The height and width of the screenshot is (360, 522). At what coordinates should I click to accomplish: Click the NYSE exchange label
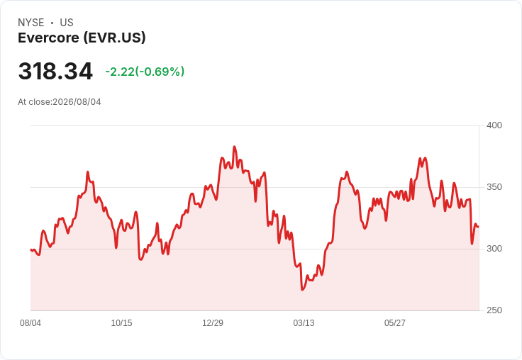click(x=31, y=23)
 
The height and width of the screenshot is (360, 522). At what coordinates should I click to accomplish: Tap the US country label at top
click(x=67, y=23)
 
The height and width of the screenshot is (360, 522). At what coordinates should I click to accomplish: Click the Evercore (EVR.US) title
click(x=82, y=38)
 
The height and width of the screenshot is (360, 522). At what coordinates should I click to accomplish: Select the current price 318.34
click(x=55, y=71)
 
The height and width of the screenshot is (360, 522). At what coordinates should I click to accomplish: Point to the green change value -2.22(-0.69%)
click(x=145, y=72)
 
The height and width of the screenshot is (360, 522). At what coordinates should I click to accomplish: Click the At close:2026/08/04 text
click(x=60, y=102)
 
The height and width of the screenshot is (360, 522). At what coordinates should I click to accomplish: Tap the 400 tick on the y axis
click(x=494, y=125)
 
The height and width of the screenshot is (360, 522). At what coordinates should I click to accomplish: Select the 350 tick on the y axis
click(x=494, y=187)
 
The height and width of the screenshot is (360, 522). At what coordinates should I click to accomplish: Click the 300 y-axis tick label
click(x=494, y=249)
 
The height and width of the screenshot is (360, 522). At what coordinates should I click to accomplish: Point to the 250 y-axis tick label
click(x=494, y=310)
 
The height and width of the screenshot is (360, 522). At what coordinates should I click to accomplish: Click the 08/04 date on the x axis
click(x=30, y=323)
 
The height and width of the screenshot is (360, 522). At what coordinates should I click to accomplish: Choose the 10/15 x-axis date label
click(x=121, y=323)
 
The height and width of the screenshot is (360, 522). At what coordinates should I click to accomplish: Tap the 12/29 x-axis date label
click(x=213, y=323)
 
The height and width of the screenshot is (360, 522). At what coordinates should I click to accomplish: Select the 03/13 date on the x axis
click(x=304, y=323)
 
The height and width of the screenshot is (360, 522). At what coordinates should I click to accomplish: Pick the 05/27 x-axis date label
click(x=395, y=323)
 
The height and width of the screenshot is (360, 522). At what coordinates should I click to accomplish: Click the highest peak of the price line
click(x=234, y=147)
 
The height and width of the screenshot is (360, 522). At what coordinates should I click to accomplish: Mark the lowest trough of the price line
click(x=302, y=290)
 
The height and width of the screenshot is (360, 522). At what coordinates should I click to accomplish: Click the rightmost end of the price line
click(x=479, y=227)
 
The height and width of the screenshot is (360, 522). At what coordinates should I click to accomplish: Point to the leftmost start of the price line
click(x=30, y=249)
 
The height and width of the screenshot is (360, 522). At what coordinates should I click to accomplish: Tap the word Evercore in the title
click(x=49, y=38)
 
